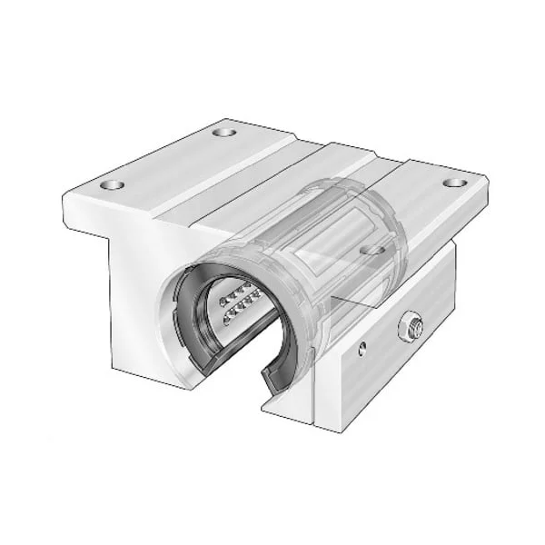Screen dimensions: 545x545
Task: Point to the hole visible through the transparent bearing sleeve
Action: (x=372, y=246)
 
